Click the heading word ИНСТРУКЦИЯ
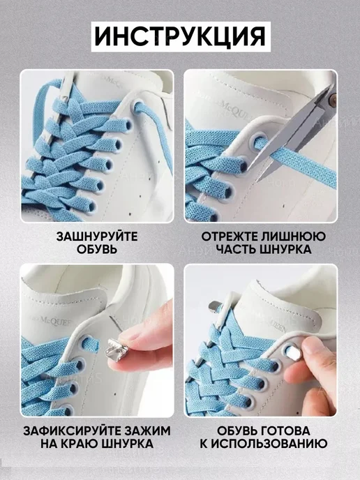[180, 37]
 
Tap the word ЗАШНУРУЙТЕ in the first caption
[97, 237]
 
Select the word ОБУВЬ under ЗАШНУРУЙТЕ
[97, 249]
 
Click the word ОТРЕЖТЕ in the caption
[230, 237]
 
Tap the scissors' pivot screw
[332, 99]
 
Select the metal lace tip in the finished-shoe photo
[214, 306]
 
